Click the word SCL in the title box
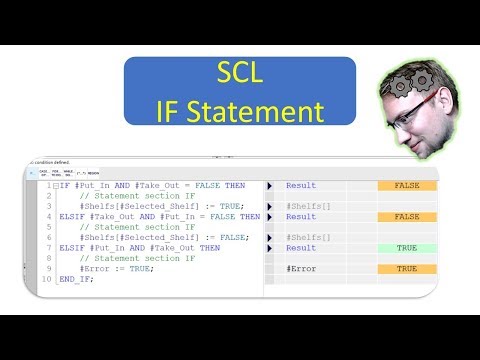click(x=240, y=74)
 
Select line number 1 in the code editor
click(x=49, y=186)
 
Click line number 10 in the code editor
click(x=47, y=279)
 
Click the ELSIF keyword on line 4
click(x=72, y=217)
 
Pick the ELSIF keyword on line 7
click(x=72, y=248)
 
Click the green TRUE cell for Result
click(x=406, y=248)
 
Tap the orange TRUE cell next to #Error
click(x=406, y=269)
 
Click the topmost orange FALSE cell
click(x=406, y=186)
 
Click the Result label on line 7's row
click(x=300, y=248)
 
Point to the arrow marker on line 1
click(x=269, y=186)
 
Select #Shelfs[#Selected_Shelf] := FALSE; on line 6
click(x=163, y=238)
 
